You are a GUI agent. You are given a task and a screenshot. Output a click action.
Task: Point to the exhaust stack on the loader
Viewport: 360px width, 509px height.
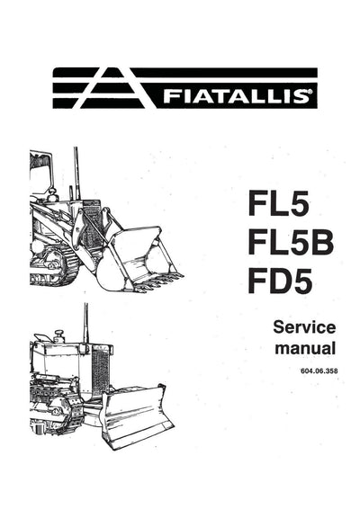(x=76, y=175)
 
